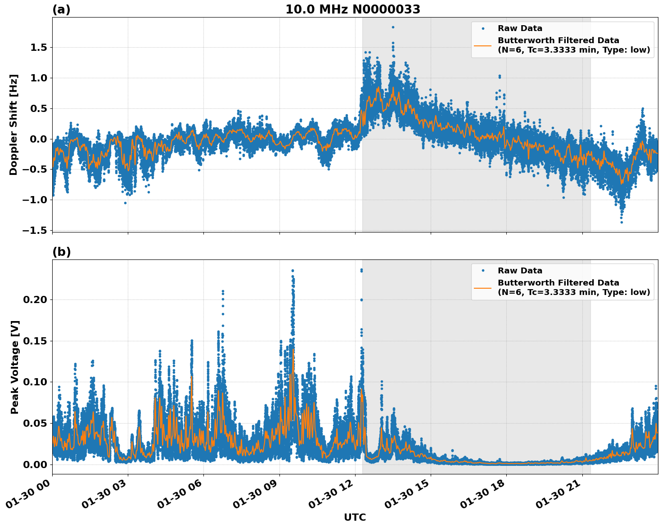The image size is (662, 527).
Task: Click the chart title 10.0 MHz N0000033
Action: pos(353,9)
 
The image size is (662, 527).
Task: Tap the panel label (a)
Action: pos(61,9)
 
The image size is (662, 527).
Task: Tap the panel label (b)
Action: pos(61,252)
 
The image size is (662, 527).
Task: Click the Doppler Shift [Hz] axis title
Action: pos(14,125)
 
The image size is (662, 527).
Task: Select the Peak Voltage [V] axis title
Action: pos(15,367)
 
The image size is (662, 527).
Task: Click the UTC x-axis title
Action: pos(355,518)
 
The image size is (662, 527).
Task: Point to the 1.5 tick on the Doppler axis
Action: pos(40,48)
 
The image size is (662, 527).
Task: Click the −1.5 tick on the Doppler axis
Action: pos(36,231)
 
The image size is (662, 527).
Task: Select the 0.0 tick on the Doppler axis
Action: pos(40,139)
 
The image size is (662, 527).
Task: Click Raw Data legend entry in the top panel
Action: pos(520,28)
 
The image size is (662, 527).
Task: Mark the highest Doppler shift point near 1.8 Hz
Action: pos(393,27)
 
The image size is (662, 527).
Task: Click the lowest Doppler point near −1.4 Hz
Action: pos(621,222)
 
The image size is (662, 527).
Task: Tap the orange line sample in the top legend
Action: pos(483,45)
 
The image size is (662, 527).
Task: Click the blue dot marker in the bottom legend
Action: pos(483,271)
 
